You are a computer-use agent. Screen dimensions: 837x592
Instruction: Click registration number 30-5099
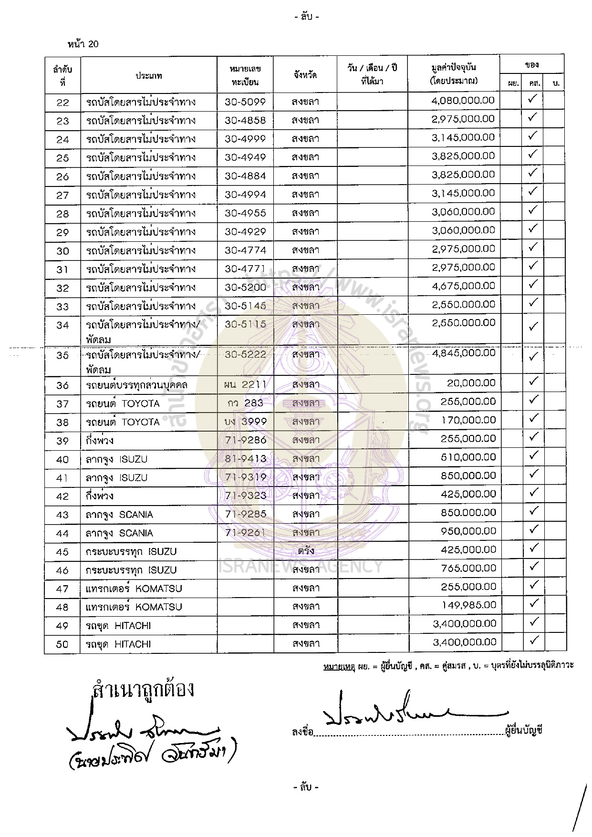point(245,102)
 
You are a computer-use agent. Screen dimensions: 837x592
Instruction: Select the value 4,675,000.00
point(463,286)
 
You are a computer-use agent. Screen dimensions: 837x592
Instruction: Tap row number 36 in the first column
point(62,385)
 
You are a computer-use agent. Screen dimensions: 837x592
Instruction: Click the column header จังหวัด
point(305,75)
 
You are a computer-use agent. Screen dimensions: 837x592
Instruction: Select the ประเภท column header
point(149,76)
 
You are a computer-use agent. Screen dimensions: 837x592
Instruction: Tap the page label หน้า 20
point(83,44)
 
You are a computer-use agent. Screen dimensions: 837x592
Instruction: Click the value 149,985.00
point(468,605)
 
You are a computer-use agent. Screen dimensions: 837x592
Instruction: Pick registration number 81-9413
point(245,459)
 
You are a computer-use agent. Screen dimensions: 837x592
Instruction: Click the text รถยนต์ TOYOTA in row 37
point(123,403)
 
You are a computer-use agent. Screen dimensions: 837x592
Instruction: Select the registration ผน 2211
point(245,384)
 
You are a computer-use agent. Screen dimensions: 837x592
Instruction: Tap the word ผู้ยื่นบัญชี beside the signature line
point(524,730)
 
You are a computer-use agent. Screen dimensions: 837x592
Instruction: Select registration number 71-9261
point(245,533)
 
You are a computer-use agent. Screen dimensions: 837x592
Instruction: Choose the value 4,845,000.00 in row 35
point(463,353)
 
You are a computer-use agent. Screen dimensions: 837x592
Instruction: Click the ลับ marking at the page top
point(306,17)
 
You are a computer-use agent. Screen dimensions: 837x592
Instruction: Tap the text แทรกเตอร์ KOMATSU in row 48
point(134,607)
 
